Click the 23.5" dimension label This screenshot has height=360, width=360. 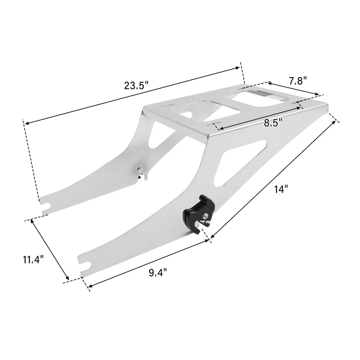pyautogui.click(x=136, y=85)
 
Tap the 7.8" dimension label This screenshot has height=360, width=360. pyautogui.click(x=298, y=81)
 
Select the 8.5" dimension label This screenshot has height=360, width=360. pyautogui.click(x=273, y=123)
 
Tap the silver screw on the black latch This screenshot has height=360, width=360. pyautogui.click(x=207, y=215)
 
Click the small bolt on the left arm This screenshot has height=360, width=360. pyautogui.click(x=139, y=169)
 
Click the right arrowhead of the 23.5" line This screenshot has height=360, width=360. pyautogui.click(x=238, y=68)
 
